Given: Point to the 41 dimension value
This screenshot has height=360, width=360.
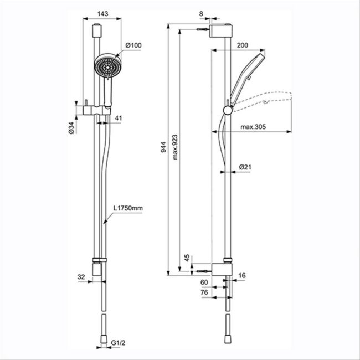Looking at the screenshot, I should pos(119,119).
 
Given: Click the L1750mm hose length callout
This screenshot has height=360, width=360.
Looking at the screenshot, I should pos(128,208).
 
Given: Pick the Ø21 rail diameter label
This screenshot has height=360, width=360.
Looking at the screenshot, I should pos(246,167).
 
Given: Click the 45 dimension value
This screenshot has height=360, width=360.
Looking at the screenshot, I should pos(187,258).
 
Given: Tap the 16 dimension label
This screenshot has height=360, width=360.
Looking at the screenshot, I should pos(241,275).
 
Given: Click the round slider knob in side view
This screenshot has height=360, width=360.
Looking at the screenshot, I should pos(225,110).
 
